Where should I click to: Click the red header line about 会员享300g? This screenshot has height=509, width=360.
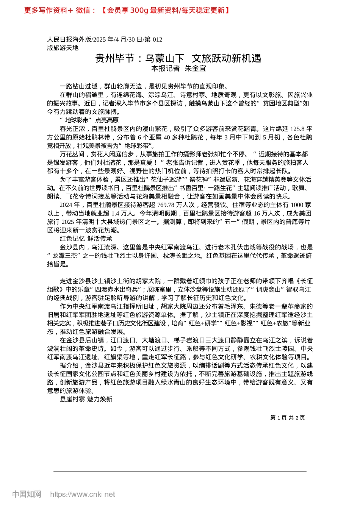pyautogui.click(x=127, y=10)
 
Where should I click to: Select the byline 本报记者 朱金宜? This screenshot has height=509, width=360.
pyautogui.click(x=178, y=69)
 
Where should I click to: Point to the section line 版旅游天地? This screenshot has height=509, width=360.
pyautogui.click(x=63, y=48)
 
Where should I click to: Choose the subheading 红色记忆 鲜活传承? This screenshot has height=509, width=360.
pyautogui.click(x=86, y=239)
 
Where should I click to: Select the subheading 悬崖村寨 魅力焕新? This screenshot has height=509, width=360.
pyautogui.click(x=86, y=399)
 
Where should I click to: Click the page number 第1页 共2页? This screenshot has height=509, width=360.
pyautogui.click(x=287, y=418)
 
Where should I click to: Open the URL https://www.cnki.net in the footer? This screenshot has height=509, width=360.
pyautogui.click(x=83, y=494)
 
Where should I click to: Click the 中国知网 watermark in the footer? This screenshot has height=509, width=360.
pyautogui.click(x=27, y=494)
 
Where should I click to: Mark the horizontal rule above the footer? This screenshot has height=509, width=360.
pyautogui.click(x=180, y=472)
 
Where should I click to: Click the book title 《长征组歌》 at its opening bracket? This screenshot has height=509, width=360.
pyautogui.click(x=297, y=281)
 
